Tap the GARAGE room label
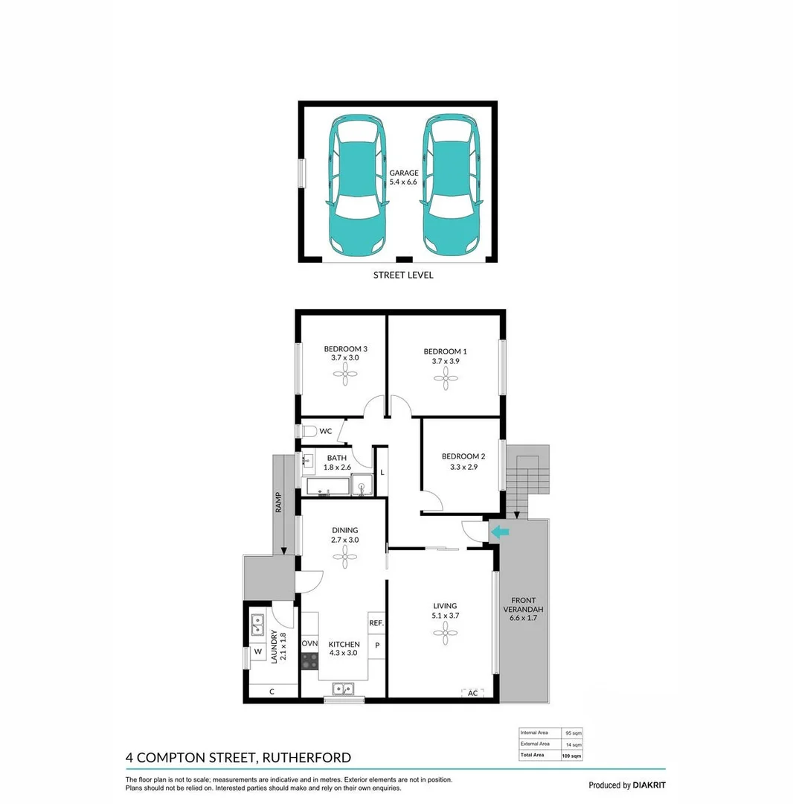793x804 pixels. coord(404,177)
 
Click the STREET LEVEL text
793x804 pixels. coord(402,275)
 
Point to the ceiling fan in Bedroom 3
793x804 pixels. coord(344,378)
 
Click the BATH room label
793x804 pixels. coord(336,462)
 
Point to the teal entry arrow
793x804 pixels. coord(500,532)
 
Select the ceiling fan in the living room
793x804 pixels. coord(445,634)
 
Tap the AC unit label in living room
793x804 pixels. coord(472,693)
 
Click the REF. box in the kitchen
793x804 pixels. coord(376,623)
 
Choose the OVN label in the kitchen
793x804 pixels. coord(309,644)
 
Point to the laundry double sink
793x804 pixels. coord(257,625)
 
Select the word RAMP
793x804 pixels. coord(278,503)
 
